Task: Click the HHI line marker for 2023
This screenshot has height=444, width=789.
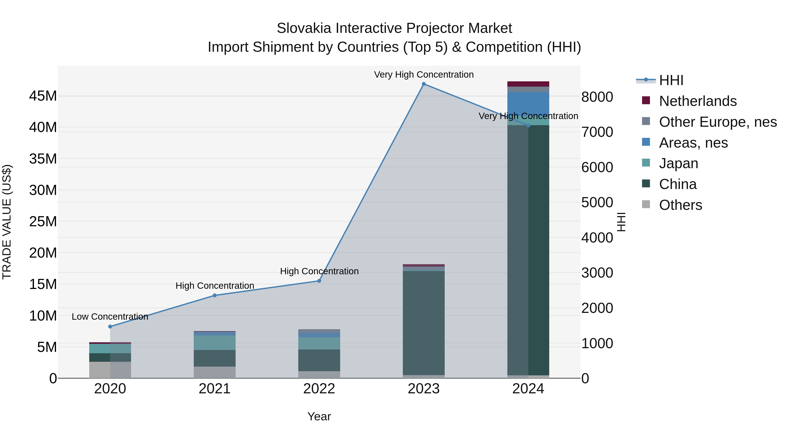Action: (x=424, y=84)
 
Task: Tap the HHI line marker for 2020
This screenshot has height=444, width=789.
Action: (x=110, y=327)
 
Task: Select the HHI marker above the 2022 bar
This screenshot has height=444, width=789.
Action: (x=319, y=281)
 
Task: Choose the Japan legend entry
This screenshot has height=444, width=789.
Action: (x=678, y=163)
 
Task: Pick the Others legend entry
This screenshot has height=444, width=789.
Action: (x=680, y=205)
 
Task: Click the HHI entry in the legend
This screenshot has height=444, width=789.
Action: (x=671, y=80)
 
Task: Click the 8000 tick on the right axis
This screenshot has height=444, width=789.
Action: (x=597, y=97)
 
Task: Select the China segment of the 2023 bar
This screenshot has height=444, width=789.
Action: (x=424, y=322)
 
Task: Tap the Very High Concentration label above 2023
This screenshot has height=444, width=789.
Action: (x=424, y=75)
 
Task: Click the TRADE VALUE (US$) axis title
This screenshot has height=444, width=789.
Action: (x=7, y=222)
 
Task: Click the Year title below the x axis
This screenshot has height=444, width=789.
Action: (x=319, y=416)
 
